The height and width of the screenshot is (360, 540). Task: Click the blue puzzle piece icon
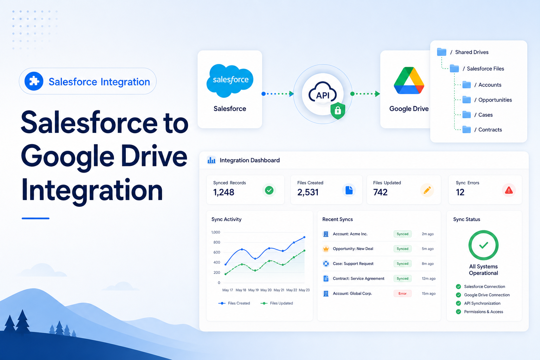click(x=34, y=81)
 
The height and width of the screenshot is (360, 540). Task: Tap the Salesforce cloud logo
click(x=230, y=81)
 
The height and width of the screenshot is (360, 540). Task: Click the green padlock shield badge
click(x=338, y=111)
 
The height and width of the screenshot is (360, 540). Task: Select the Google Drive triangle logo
click(x=409, y=81)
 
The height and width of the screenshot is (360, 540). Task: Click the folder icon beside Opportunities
click(x=467, y=99)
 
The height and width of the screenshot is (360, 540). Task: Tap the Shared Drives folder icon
click(x=442, y=52)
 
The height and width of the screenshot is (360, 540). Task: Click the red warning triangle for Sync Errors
click(x=509, y=190)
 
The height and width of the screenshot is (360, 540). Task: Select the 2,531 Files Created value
click(x=308, y=192)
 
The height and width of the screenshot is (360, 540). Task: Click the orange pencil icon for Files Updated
click(x=427, y=190)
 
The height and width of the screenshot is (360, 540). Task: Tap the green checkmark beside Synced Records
click(x=269, y=190)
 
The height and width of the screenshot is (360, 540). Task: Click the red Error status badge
click(x=402, y=294)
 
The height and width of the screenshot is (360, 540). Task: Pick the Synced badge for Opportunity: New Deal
click(x=402, y=249)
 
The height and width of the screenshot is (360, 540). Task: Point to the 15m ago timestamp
click(x=429, y=294)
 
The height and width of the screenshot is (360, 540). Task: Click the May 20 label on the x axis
click(x=266, y=290)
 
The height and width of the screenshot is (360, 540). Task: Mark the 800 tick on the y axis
click(x=217, y=242)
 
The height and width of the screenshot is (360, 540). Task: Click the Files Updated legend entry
click(x=277, y=303)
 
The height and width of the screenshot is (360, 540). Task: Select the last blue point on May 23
click(x=304, y=237)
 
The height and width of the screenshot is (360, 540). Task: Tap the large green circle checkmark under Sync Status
click(x=483, y=245)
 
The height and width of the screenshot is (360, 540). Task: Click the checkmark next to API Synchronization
click(x=458, y=303)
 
